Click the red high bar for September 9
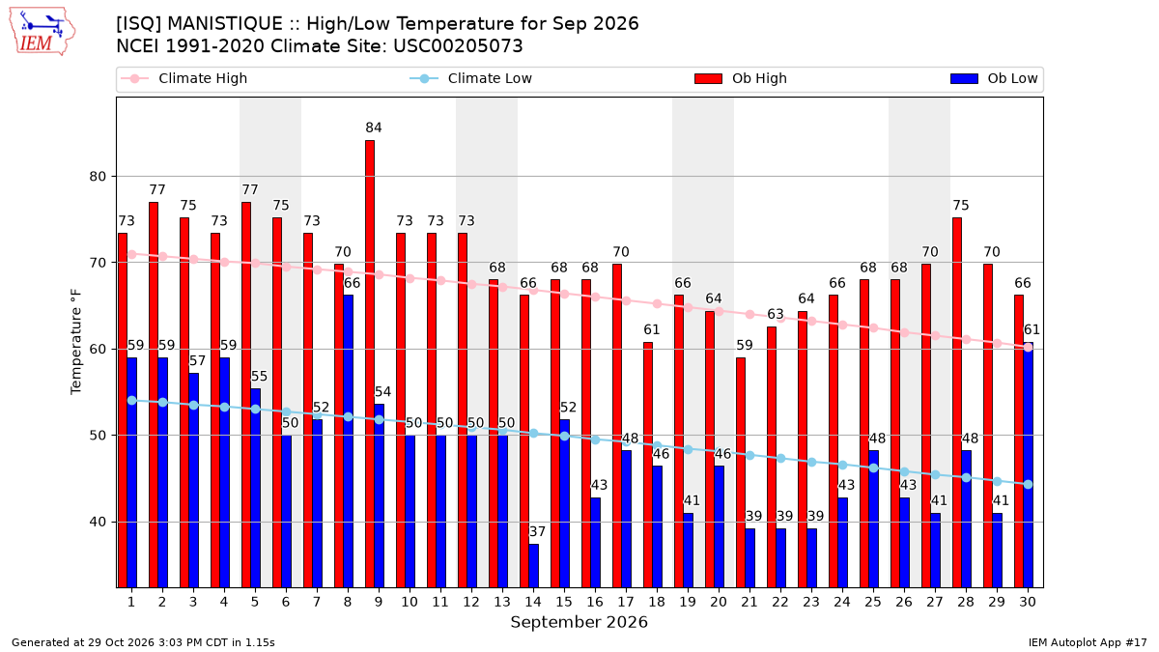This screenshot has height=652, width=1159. (370, 364)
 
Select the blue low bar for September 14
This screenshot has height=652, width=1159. (533, 566)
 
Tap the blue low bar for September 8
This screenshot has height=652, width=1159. (349, 440)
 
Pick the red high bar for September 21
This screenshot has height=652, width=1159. (741, 472)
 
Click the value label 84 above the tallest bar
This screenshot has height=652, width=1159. (374, 128)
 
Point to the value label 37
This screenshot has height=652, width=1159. (537, 531)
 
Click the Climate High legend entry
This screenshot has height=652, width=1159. (184, 78)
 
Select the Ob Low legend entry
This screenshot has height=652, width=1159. (994, 78)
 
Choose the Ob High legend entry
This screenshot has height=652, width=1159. (741, 78)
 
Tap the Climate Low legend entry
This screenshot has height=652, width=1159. (471, 78)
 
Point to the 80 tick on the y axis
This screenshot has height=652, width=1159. (98, 177)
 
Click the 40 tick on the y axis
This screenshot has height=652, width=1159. (98, 523)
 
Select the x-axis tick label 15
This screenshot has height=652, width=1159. (564, 602)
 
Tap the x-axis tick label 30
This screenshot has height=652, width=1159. (1028, 602)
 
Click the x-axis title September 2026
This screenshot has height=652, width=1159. (579, 622)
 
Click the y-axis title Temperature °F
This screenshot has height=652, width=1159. (76, 342)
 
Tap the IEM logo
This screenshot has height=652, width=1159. (42, 32)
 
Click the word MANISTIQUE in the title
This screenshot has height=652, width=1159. (225, 24)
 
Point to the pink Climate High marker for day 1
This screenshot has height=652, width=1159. (132, 254)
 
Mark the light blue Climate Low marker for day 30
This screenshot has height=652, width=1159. (1028, 484)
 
